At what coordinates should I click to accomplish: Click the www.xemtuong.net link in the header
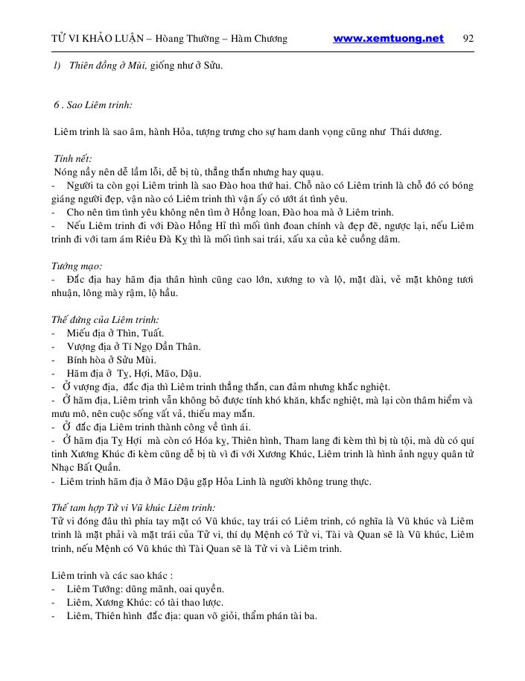(x=388, y=39)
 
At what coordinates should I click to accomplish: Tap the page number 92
(x=468, y=39)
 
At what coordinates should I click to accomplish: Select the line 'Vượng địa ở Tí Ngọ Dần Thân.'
(x=133, y=346)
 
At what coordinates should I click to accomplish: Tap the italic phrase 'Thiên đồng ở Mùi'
(x=102, y=66)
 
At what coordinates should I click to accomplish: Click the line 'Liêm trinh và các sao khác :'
(x=112, y=574)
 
